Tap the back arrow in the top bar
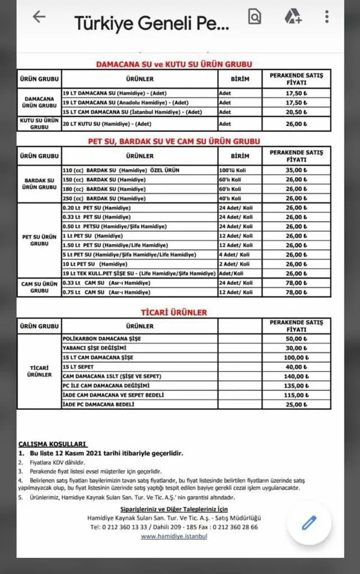pos(39,17)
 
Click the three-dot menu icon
pos(326,17)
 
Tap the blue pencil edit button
pos(308,522)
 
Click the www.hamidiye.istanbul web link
pos(174,536)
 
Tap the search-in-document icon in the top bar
pos(255,17)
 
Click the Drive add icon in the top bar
pos(292,17)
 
